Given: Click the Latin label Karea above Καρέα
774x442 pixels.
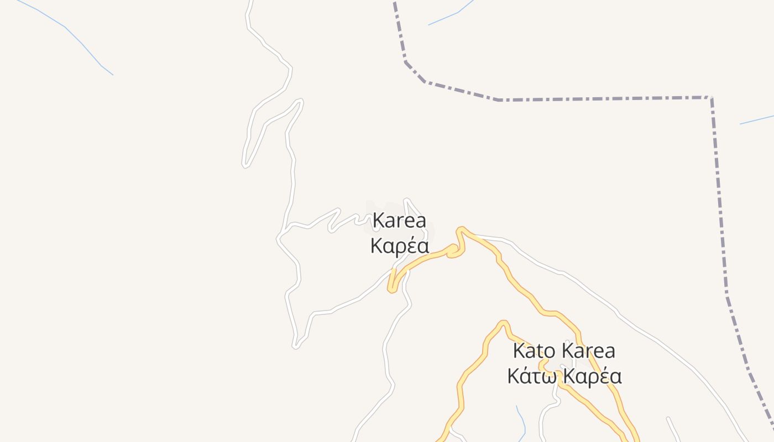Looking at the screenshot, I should coord(399,221).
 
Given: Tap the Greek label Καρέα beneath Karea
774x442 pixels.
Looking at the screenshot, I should coord(399,246).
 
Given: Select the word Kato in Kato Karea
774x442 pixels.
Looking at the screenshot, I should coord(534,351).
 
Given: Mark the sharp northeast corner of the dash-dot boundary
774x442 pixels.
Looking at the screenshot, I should coord(711,98).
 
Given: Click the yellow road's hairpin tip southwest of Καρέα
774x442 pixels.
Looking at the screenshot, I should coord(391,289).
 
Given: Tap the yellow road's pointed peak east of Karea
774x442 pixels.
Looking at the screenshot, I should coord(461,229).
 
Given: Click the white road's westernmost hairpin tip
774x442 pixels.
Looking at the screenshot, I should coord(244,164).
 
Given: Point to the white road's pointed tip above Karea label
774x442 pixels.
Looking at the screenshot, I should coord(406,200).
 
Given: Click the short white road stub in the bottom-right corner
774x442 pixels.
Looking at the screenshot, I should coord(673,428).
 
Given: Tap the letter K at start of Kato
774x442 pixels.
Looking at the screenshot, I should coord(519,351).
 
